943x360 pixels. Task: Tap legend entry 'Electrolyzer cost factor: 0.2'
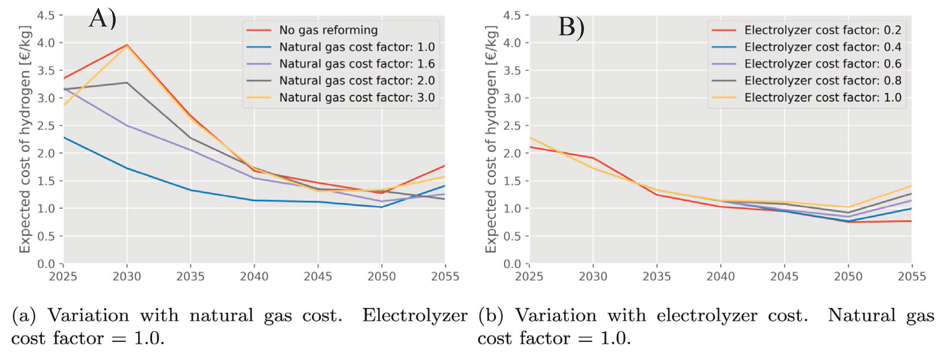click(822, 30)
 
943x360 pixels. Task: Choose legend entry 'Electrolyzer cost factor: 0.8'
click(822, 80)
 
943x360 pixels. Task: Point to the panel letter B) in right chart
click(571, 27)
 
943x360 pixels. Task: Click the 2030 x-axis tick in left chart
click(127, 276)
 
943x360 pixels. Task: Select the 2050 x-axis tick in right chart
click(848, 276)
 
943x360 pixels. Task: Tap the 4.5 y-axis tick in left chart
click(46, 15)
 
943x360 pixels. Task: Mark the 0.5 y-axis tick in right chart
click(512, 236)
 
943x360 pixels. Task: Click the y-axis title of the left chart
click(24, 139)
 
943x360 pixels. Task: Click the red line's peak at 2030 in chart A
click(127, 45)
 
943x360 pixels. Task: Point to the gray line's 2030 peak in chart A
click(127, 83)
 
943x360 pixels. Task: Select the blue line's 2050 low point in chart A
click(382, 207)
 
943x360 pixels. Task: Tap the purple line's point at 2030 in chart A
click(127, 126)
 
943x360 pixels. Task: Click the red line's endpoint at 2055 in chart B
click(911, 221)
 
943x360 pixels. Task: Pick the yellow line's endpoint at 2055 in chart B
click(911, 186)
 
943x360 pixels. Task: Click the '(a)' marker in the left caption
click(24, 315)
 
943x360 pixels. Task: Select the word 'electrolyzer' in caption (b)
click(707, 315)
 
